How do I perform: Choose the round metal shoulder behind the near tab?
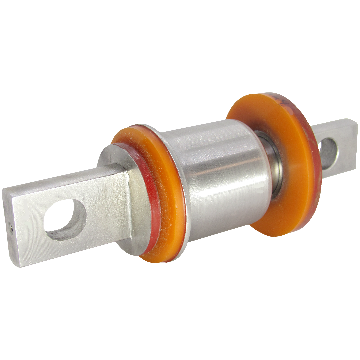click(x=113, y=157)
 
